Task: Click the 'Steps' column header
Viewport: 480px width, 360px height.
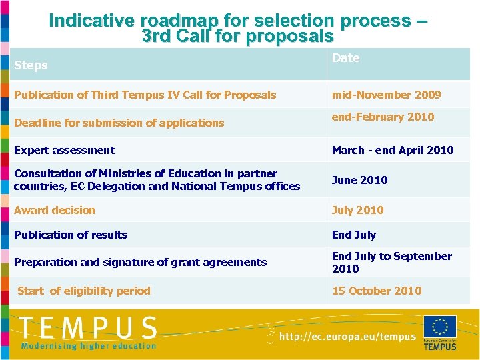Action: click(31, 65)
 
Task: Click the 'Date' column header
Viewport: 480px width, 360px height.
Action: click(345, 58)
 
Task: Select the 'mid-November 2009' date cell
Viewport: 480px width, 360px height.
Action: click(386, 95)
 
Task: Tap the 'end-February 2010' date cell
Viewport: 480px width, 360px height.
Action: click(383, 117)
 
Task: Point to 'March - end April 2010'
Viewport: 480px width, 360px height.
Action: click(392, 150)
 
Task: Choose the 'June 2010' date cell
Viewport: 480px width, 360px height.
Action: click(359, 180)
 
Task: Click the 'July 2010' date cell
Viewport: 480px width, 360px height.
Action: click(357, 210)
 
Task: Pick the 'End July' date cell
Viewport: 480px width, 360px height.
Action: click(354, 235)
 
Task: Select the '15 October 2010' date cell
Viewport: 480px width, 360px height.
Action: click(377, 291)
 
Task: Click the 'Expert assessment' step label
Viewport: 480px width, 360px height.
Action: click(64, 150)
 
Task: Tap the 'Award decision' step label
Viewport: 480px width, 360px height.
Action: click(55, 210)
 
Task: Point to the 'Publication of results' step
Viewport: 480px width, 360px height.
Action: click(71, 235)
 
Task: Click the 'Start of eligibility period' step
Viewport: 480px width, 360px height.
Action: click(84, 291)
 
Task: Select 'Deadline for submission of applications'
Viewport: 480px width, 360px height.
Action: click(119, 123)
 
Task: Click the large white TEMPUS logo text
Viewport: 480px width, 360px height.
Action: click(87, 328)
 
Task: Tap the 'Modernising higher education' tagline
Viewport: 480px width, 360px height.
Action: click(88, 346)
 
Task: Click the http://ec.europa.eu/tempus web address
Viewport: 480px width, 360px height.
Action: click(347, 337)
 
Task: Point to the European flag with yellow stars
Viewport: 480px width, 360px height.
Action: click(440, 327)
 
